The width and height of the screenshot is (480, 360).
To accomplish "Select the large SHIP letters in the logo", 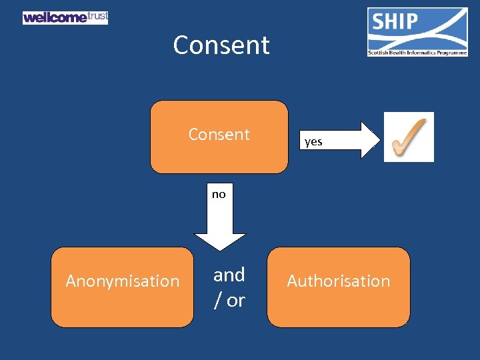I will point(394,23).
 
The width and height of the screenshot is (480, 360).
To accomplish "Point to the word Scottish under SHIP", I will point(380,52).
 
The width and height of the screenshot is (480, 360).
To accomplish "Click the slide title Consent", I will point(221,45).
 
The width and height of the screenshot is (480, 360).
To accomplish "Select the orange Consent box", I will point(219,136).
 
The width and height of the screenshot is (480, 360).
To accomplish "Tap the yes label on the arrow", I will point(313,141).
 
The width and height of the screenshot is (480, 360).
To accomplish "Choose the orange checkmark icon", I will point(409,137).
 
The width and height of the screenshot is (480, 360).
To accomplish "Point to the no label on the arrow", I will point(219,195).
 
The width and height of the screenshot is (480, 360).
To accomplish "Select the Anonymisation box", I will point(123,287).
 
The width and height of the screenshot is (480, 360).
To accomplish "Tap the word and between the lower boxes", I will point(229,275).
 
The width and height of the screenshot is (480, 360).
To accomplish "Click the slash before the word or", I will point(217,301).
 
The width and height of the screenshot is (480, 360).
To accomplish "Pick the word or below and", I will point(235,301).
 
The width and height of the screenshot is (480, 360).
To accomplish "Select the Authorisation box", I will point(339,287).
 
